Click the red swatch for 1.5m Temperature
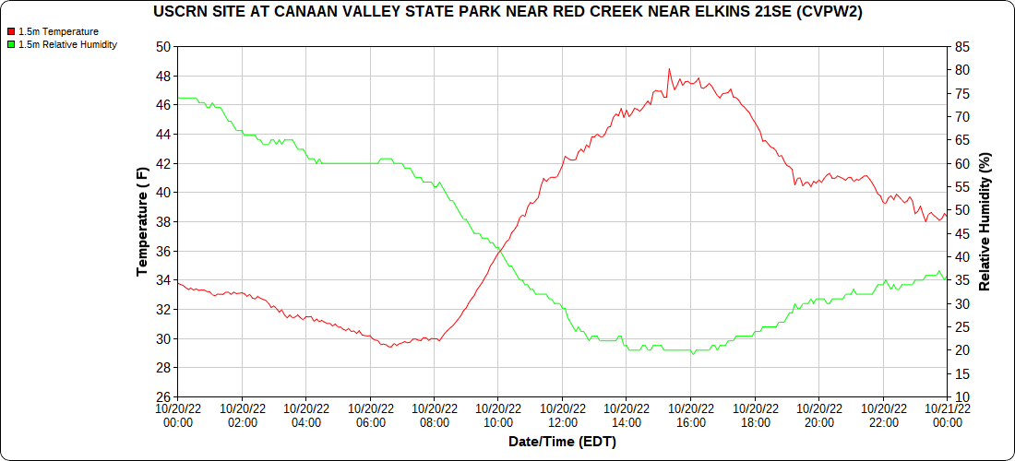tap(10, 31)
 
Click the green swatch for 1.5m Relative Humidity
tap(10, 44)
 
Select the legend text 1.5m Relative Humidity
tap(67, 44)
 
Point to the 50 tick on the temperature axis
tap(163, 46)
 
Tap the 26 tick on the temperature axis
tap(163, 397)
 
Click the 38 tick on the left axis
tap(163, 222)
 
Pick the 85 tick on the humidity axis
tap(961, 46)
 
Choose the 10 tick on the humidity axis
tap(961, 397)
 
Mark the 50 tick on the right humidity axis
tap(961, 210)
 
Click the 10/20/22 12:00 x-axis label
tap(562, 416)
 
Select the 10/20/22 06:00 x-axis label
tap(370, 416)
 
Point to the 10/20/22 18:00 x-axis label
tap(755, 416)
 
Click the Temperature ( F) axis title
tap(143, 221)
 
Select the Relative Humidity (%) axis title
tap(985, 221)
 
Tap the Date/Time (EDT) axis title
tap(562, 442)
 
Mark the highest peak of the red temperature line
tap(669, 69)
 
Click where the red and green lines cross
tap(499, 249)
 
